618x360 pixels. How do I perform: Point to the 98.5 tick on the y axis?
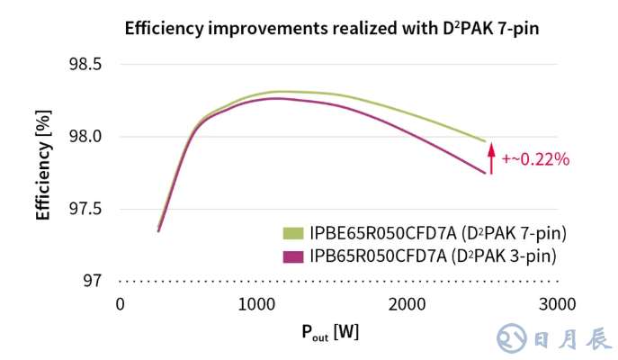[84, 65]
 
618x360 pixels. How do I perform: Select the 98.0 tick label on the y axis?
[84, 137]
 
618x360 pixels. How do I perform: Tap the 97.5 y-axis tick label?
[84, 209]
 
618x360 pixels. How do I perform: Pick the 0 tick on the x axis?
[120, 304]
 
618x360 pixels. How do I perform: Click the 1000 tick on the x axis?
[265, 304]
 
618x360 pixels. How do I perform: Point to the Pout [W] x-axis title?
[329, 332]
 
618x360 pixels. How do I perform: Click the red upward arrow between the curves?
[491, 157]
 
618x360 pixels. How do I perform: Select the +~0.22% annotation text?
[536, 159]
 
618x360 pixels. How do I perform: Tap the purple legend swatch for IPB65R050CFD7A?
[293, 256]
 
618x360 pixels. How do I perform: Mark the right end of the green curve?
[486, 141]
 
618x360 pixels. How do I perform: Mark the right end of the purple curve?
[486, 173]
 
